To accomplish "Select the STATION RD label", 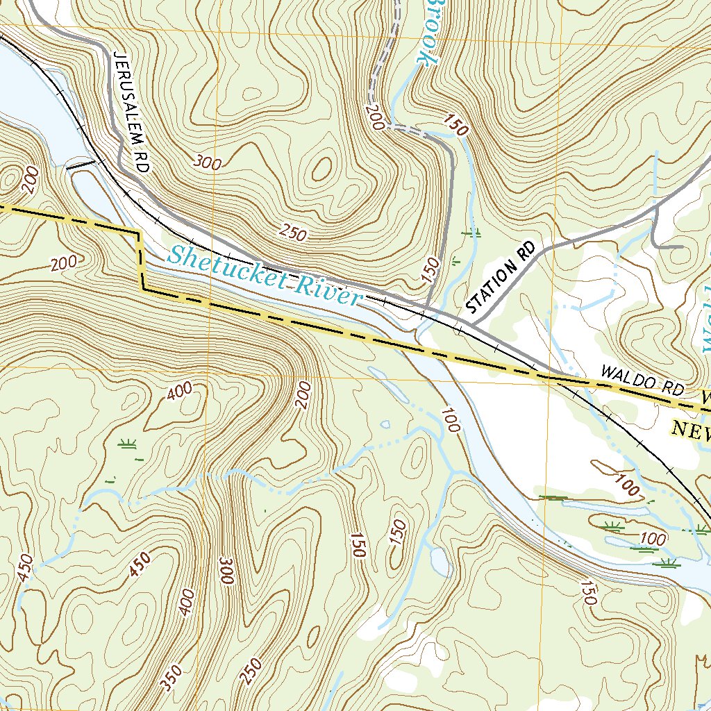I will pos(502,278).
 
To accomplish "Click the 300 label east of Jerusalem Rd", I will pos(208,164).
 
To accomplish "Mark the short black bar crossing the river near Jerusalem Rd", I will pos(80,165).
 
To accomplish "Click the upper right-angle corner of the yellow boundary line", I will pos(139,235).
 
